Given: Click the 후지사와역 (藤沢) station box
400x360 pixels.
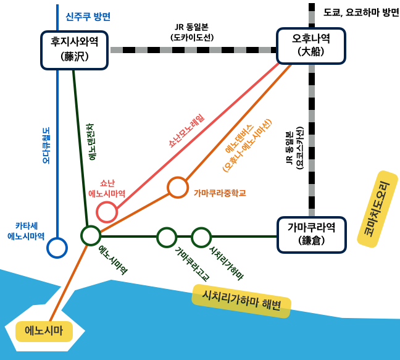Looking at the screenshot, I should [x=74, y=50].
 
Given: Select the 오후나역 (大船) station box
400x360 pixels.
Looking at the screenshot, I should [x=310, y=46].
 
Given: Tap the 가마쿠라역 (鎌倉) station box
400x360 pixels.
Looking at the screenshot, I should [x=310, y=234].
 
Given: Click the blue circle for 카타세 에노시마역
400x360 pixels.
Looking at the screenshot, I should [x=57, y=248].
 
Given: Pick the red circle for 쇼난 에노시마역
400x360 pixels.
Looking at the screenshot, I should [x=107, y=212].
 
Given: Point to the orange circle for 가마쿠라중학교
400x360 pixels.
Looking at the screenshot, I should [x=178, y=187].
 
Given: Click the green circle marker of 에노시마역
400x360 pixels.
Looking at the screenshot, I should [x=91, y=235].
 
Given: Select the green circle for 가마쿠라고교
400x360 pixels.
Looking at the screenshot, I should [x=167, y=237].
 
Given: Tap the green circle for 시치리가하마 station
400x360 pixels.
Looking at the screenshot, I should [x=201, y=237].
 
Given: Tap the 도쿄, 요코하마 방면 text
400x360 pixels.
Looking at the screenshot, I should [x=361, y=12].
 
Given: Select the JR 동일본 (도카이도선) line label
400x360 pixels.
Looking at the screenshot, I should [x=191, y=32].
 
